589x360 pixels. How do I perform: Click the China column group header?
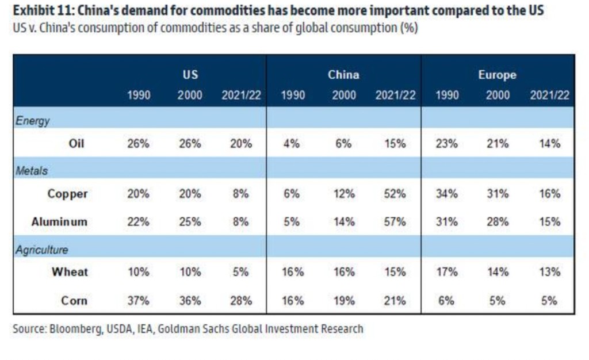pyautogui.click(x=343, y=75)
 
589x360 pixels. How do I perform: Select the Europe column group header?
pyautogui.click(x=497, y=75)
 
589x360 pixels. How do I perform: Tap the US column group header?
pyautogui.click(x=190, y=75)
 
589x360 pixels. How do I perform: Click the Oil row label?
pyautogui.click(x=77, y=144)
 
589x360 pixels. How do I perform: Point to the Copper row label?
pyautogui.click(x=67, y=194)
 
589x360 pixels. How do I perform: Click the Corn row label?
pyautogui.click(x=73, y=300)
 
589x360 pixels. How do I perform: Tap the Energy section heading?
pyautogui.click(x=33, y=121)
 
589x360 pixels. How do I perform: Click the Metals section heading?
pyautogui.click(x=32, y=171)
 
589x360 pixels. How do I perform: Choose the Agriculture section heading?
pyautogui.click(x=42, y=250)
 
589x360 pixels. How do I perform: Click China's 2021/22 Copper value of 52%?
pyautogui.click(x=395, y=194)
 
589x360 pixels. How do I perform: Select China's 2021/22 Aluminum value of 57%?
pyautogui.click(x=395, y=221)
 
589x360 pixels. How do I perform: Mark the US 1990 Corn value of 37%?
pyautogui.click(x=138, y=300)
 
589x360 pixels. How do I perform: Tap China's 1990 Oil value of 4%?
pyautogui.click(x=292, y=144)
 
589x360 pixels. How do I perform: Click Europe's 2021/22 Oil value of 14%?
pyautogui.click(x=549, y=144)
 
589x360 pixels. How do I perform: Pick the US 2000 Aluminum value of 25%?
pyautogui.click(x=189, y=221)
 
